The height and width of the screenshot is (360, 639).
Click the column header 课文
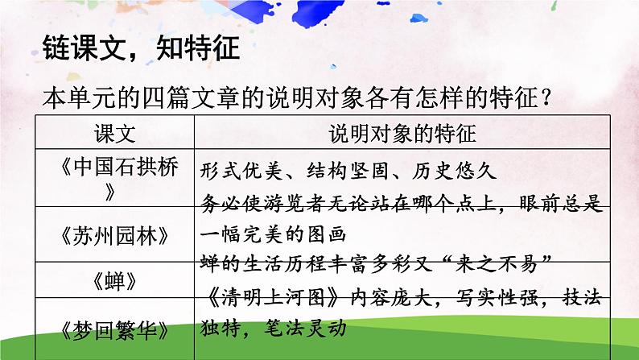(116, 131)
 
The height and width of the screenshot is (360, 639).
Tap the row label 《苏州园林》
(116, 235)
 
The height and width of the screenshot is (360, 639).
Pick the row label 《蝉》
(116, 281)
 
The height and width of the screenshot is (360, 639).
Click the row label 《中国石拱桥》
(116, 180)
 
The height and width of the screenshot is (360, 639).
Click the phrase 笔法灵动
(303, 328)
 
